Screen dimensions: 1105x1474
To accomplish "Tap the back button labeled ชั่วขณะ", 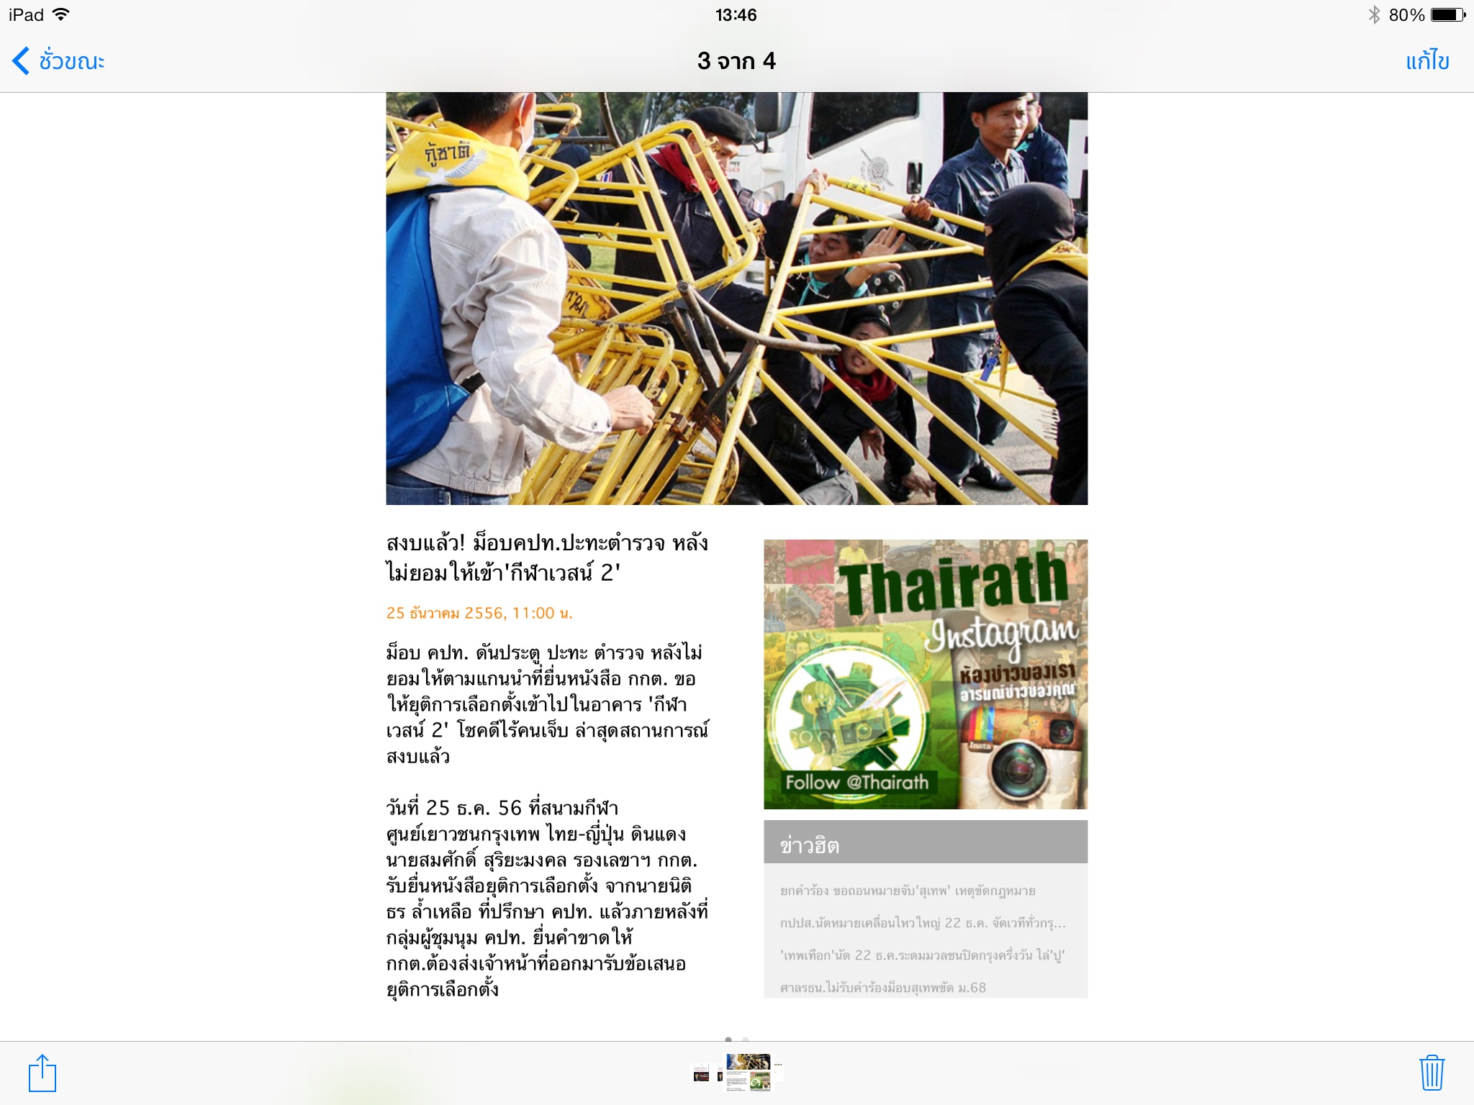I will [x=59, y=61].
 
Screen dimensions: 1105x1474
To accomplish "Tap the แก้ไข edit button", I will [x=1426, y=61].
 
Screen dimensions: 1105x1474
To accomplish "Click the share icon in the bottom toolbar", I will [x=42, y=1073].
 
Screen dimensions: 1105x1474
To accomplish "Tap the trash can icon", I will [x=1432, y=1073].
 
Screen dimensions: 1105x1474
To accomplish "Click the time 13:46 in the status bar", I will [x=736, y=15].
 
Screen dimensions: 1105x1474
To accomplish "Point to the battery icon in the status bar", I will [x=1447, y=15].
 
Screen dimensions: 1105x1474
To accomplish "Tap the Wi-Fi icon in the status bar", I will [x=62, y=14].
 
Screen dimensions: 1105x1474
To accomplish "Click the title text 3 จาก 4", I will [x=736, y=61].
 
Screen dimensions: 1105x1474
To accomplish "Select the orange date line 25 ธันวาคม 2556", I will [x=479, y=613].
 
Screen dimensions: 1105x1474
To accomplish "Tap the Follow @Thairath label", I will [x=856, y=782].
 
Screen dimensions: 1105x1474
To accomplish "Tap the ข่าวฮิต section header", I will [x=810, y=845].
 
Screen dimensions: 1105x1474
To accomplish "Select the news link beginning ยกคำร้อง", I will [x=907, y=891].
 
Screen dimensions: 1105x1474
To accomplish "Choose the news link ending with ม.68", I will [x=882, y=988].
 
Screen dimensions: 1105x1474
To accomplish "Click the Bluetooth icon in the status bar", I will [x=1374, y=15].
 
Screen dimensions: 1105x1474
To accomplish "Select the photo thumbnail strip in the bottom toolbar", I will [x=737, y=1073].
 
